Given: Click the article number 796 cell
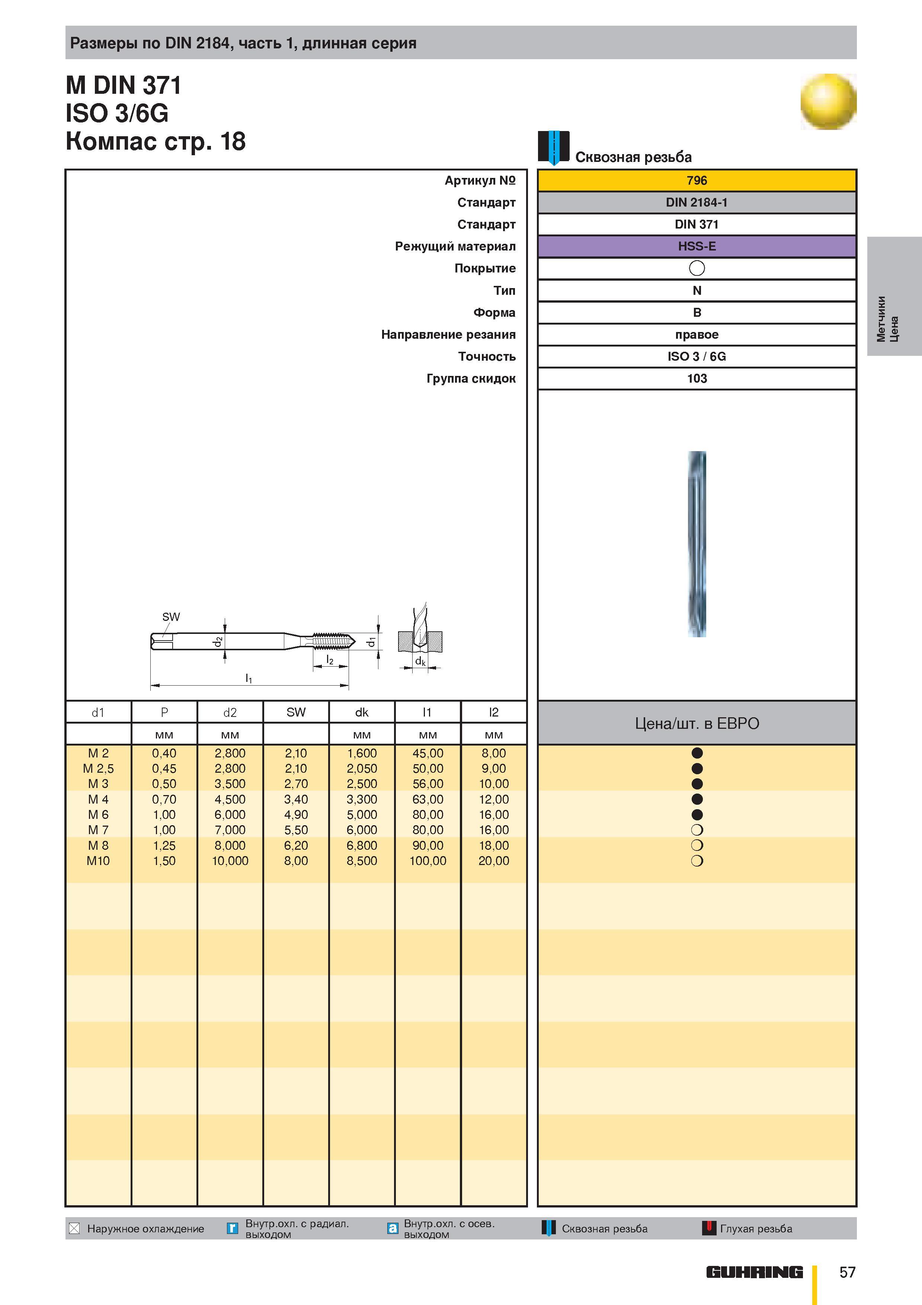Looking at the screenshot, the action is tap(697, 180).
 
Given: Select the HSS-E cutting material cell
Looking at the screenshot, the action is tap(697, 246).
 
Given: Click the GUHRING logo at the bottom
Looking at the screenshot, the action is tap(755, 1272).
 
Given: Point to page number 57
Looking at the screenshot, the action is tap(847, 1272).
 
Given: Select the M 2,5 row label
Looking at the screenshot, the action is tap(98, 769).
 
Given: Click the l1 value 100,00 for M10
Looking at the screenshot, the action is tap(428, 861).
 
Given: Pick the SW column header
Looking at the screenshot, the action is tap(296, 712).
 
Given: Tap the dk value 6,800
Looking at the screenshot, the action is tap(362, 845).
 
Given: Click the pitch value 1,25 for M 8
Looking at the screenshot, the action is tap(164, 845).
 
